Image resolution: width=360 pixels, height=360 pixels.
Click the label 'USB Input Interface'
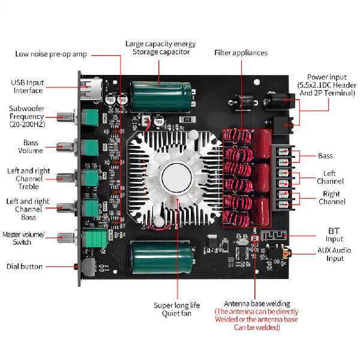point(28,86)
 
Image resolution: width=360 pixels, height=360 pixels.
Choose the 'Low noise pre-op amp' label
point(51,54)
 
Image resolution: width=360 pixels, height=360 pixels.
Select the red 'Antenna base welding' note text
point(256,320)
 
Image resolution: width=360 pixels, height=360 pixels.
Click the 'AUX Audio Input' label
point(331,254)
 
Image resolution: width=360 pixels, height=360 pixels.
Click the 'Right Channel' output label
point(331,198)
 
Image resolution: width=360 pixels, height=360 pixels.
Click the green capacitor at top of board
point(160,94)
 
